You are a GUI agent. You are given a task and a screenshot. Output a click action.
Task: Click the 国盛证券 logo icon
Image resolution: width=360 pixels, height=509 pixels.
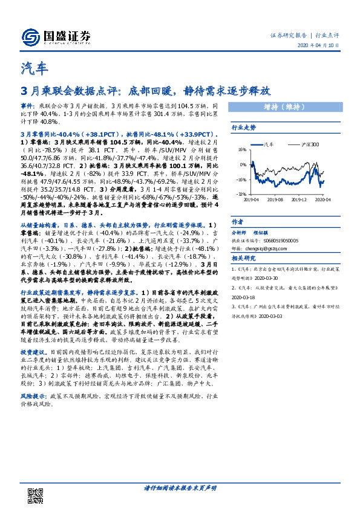coord(29,36)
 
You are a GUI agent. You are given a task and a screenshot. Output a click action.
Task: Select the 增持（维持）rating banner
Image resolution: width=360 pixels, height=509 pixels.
coord(283,108)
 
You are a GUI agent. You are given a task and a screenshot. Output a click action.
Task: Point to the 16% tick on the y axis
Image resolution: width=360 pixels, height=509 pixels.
coord(242,149)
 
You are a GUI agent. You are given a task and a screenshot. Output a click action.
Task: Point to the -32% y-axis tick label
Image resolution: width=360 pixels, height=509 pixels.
coord(241,194)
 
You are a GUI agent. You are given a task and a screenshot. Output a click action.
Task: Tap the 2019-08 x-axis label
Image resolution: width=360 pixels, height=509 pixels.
coord(276,198)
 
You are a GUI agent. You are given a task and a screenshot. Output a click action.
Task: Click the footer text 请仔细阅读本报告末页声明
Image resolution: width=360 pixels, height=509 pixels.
coord(180,488)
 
